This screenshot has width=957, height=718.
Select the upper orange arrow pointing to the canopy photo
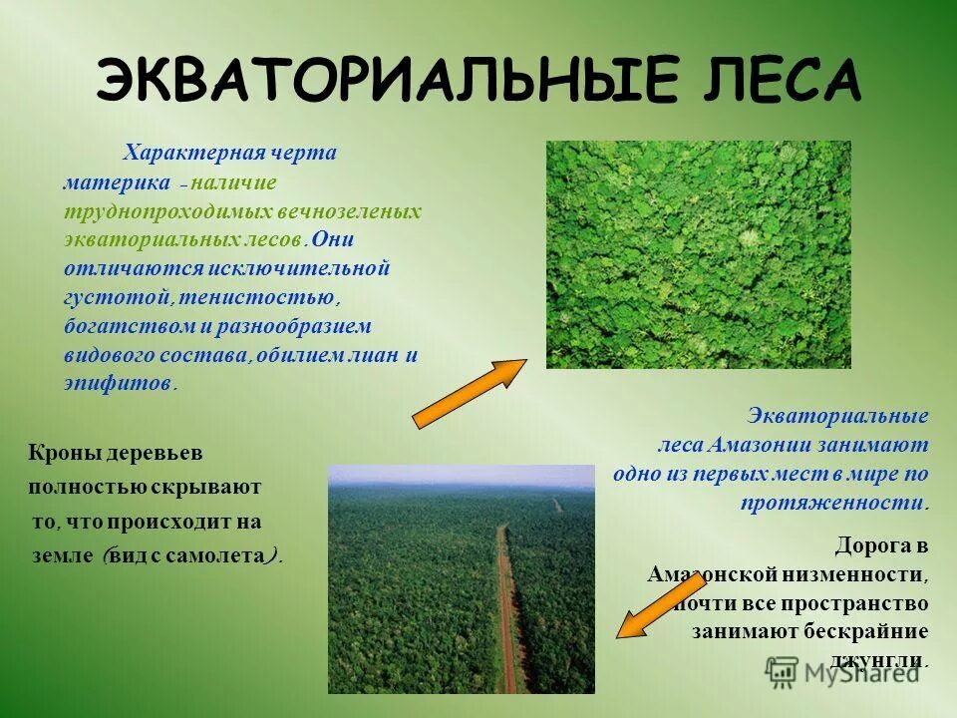(x=469, y=393)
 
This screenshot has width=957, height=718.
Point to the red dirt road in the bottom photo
(x=508, y=618)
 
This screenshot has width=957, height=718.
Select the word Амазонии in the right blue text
(x=767, y=444)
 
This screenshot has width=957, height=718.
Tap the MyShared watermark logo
(x=842, y=671)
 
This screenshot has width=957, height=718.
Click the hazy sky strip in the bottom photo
(x=461, y=475)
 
